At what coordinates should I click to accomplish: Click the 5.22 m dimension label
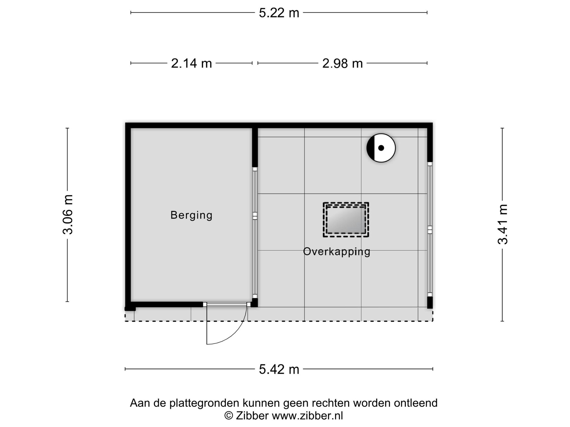(x=279, y=13)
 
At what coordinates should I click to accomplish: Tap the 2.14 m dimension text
(x=191, y=63)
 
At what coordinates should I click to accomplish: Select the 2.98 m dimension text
(x=343, y=63)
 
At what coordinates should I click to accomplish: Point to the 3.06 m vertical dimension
(x=68, y=215)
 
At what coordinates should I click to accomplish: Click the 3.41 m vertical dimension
(x=503, y=224)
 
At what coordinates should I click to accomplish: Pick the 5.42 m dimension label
(x=279, y=369)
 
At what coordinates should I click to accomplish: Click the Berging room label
(x=191, y=215)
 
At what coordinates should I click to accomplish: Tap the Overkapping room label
(x=337, y=252)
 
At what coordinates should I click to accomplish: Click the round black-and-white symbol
(x=381, y=148)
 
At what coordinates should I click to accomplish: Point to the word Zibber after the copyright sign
(x=252, y=416)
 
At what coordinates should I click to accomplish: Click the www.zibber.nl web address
(x=307, y=416)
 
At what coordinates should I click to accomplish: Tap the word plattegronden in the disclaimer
(x=205, y=403)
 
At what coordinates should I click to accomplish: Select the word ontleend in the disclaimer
(x=416, y=403)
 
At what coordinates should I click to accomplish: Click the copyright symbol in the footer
(x=229, y=416)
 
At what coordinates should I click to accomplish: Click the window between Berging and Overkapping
(x=255, y=233)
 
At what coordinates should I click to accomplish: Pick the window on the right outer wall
(x=430, y=229)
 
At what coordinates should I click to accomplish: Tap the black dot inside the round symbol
(x=381, y=148)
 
